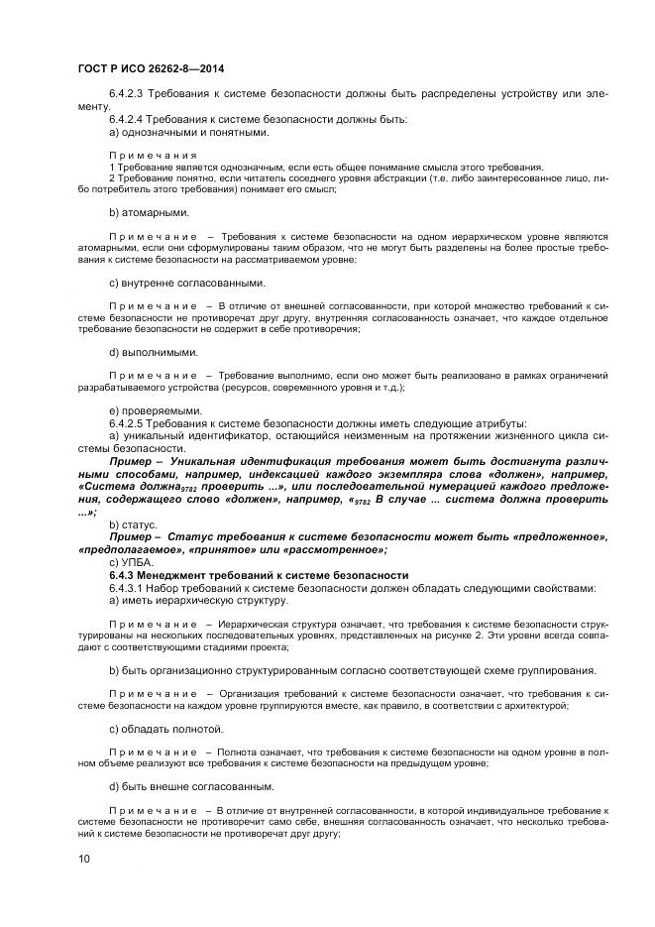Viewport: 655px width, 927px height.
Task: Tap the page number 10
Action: click(x=85, y=860)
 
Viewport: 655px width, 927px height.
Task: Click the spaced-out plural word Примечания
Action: click(x=154, y=156)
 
